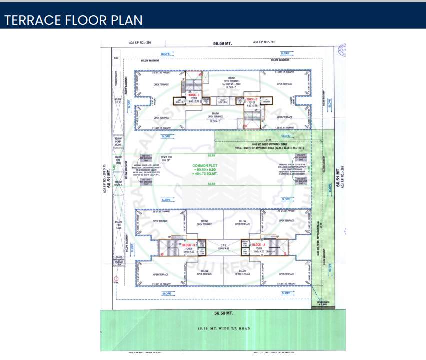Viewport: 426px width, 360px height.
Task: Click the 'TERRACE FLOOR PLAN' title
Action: click(x=73, y=20)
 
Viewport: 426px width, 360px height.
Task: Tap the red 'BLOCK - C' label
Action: click(x=194, y=95)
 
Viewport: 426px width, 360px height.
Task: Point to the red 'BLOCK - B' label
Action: click(x=188, y=245)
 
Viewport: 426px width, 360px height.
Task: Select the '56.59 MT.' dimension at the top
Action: click(x=223, y=44)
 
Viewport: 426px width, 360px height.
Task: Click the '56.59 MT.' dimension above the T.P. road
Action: click(x=223, y=313)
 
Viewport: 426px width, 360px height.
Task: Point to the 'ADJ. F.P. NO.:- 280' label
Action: click(x=141, y=43)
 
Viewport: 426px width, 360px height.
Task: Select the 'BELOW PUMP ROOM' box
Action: click(x=118, y=142)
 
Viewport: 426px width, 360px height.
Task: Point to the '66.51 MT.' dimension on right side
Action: click(x=338, y=178)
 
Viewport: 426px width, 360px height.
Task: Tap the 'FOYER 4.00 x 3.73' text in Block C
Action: click(x=194, y=100)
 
